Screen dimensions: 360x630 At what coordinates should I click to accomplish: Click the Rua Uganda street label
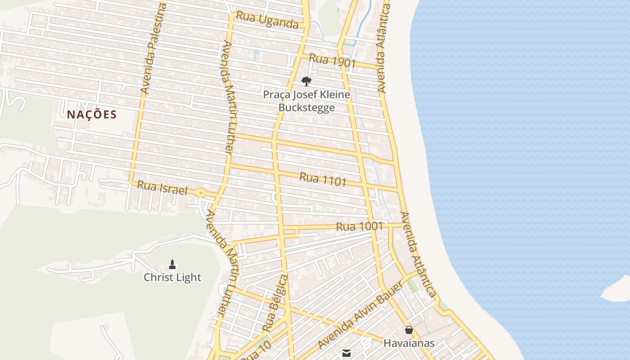click(267, 20)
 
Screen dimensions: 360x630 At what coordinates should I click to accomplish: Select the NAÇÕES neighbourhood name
click(92, 115)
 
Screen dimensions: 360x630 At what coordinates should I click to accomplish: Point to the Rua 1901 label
click(333, 61)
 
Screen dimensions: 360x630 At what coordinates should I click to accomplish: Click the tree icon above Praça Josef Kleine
click(306, 81)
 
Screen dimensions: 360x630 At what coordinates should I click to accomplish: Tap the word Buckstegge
click(306, 108)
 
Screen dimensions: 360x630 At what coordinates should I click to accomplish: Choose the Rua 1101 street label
click(323, 179)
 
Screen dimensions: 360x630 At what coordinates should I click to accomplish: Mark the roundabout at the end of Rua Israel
click(201, 193)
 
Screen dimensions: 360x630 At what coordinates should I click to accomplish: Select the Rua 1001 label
click(360, 226)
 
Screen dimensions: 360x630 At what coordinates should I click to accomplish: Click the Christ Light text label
click(172, 277)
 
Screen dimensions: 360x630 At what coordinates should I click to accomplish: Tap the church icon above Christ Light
click(172, 264)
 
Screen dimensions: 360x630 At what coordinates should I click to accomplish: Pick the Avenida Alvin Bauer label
click(360, 315)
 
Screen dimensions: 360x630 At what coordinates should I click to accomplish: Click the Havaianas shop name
click(409, 343)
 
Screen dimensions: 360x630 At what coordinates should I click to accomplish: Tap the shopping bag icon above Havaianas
click(409, 330)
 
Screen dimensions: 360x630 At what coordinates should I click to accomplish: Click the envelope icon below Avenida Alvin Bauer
click(346, 353)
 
